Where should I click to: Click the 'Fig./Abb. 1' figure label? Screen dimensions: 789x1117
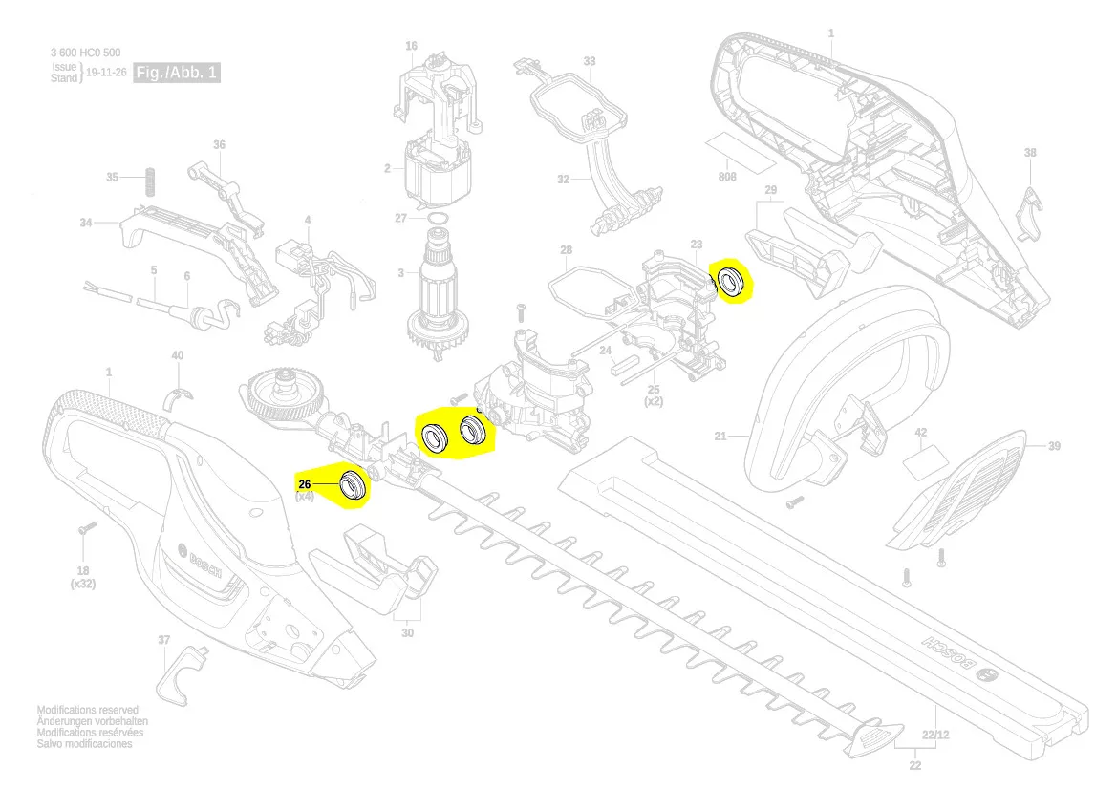tap(177, 73)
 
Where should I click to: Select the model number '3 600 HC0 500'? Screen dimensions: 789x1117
tap(85, 53)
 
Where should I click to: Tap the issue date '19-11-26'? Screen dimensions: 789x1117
tap(106, 73)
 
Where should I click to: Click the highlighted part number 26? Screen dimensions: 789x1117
tap(306, 484)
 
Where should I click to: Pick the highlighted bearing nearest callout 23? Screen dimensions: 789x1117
tap(733, 282)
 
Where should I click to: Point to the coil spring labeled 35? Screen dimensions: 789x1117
tap(148, 179)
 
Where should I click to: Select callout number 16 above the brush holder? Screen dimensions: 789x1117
tap(411, 46)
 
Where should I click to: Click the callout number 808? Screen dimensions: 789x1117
tap(727, 177)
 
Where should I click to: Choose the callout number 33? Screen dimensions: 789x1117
tap(590, 62)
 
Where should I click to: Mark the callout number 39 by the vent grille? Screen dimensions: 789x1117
tap(1054, 446)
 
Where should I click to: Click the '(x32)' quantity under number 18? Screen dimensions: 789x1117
tap(82, 584)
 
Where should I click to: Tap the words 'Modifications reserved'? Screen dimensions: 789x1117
tap(87, 711)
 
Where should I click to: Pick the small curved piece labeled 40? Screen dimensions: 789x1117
tap(178, 395)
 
